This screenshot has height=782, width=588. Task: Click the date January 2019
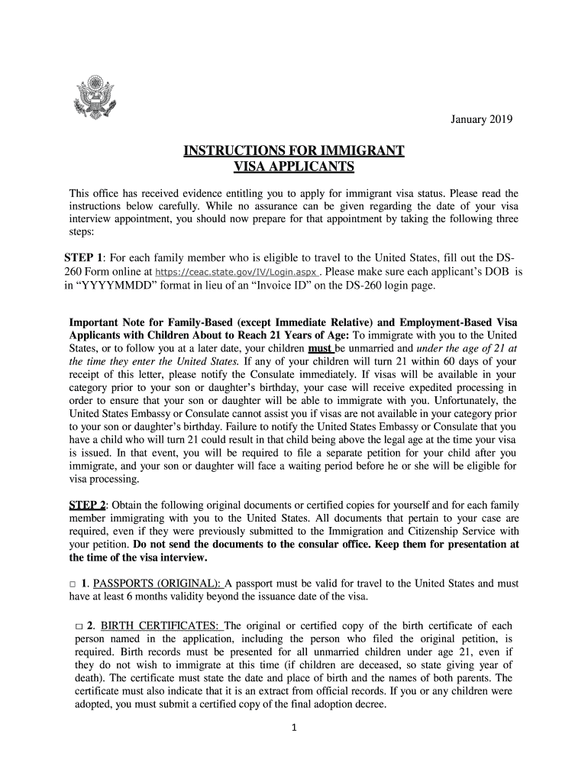click(x=482, y=120)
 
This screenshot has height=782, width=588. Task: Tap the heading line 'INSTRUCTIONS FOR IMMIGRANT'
click(x=294, y=151)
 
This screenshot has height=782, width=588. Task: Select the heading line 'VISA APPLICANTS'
click(x=293, y=167)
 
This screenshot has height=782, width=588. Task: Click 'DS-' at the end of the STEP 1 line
click(x=509, y=257)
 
